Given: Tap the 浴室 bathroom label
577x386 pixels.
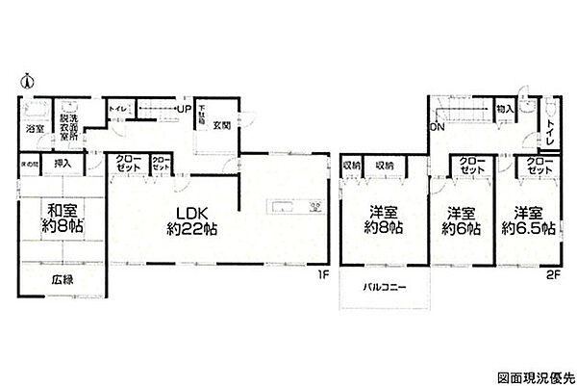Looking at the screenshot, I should tap(34, 126).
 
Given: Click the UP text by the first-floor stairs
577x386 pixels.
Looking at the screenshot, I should tap(182, 108).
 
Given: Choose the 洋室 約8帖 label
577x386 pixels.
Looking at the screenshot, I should tap(382, 220).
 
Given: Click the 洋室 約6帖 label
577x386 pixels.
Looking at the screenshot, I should tap(461, 220).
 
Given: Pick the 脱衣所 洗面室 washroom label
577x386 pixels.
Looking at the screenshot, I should tap(68, 121).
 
